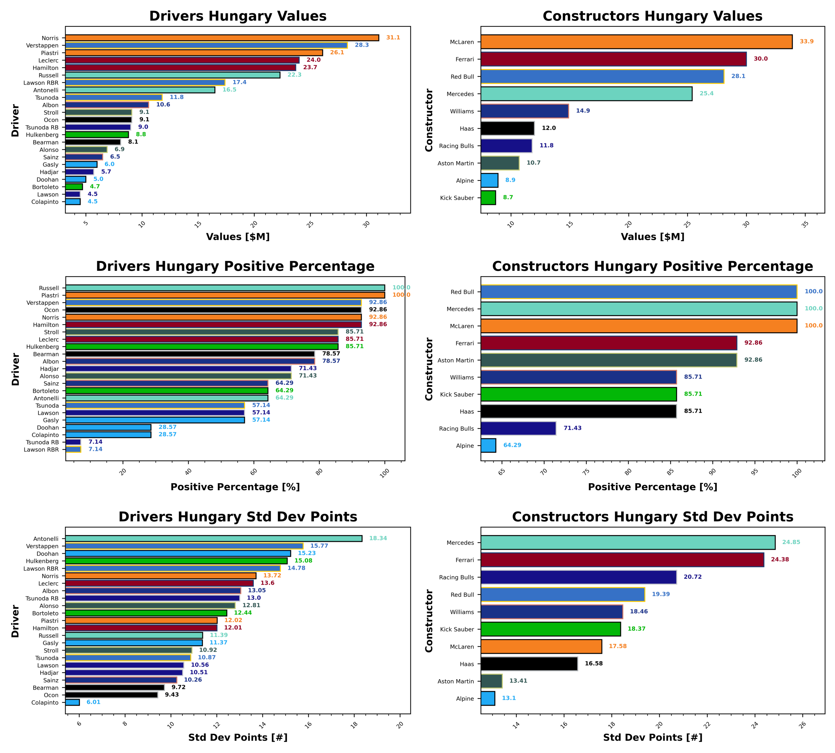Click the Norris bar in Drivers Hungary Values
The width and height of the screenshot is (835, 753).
(222, 38)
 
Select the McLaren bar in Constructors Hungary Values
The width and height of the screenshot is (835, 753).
(636, 42)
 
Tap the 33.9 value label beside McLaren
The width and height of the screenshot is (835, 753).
(806, 42)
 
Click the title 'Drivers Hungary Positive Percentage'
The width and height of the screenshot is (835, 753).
(235, 266)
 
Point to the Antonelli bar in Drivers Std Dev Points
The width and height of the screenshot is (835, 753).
(214, 538)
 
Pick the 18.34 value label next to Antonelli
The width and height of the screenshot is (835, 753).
(378, 538)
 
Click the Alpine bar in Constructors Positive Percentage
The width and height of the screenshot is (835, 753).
(488, 445)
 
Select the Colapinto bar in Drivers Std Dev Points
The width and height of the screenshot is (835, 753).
(72, 702)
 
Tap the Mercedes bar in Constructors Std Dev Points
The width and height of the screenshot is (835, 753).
(628, 542)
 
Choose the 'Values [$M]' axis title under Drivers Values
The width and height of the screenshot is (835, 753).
(238, 237)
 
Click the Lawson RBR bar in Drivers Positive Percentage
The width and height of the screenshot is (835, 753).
(73, 449)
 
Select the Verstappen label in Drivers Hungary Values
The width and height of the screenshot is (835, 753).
(42, 46)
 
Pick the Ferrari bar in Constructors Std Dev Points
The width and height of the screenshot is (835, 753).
(622, 560)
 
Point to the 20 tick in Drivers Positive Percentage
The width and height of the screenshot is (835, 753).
(123, 472)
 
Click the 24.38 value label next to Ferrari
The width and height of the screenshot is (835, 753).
(779, 559)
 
